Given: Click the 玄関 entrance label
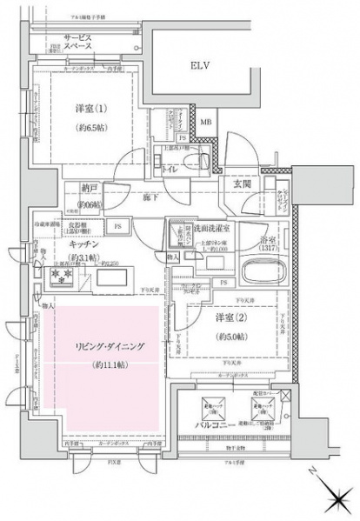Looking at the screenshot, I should (243, 184).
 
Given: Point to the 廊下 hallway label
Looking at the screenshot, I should (153, 197).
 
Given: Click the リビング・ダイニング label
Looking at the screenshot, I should (109, 346).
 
